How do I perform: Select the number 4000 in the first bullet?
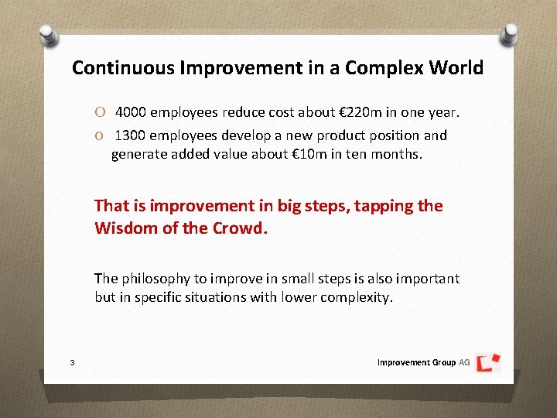(131, 112)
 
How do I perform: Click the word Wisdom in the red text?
(125, 228)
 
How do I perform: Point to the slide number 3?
(71, 362)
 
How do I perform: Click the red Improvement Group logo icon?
(488, 361)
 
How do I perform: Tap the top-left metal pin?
(48, 33)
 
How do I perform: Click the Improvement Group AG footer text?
(423, 362)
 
